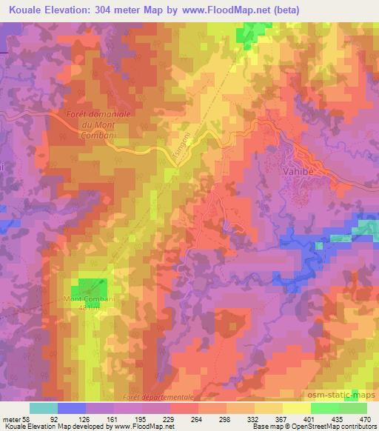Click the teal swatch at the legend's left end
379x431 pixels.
44,408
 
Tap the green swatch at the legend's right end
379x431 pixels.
352,408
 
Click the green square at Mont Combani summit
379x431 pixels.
93,289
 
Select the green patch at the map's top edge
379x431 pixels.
252,33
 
